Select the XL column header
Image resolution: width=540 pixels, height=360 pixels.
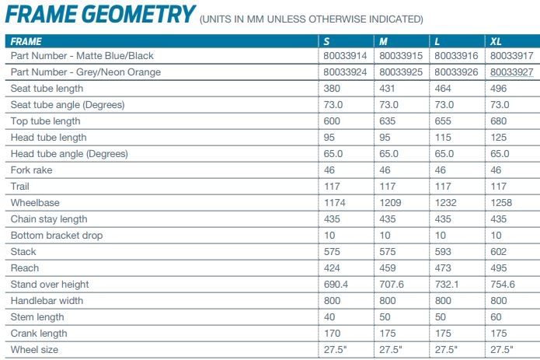pos(496,40)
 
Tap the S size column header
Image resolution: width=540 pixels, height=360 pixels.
pos(326,40)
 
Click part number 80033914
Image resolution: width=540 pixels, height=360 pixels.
pos(345,56)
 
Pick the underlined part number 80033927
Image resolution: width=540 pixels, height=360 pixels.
pos(510,72)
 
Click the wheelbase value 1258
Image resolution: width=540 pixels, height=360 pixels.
pos(501,203)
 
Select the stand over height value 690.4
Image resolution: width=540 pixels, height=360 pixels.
pos(336,285)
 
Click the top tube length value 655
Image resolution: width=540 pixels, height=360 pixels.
pos(442,121)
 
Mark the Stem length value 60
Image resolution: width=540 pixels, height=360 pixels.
pos(495,317)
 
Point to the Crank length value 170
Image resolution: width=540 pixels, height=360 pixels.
pos(331,334)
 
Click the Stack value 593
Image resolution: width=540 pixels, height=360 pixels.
pos(442,252)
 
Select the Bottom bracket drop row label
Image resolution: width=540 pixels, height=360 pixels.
pos(57,236)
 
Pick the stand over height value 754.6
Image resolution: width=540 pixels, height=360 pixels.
pos(502,285)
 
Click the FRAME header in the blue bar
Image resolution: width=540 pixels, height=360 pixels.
pos(26,40)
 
